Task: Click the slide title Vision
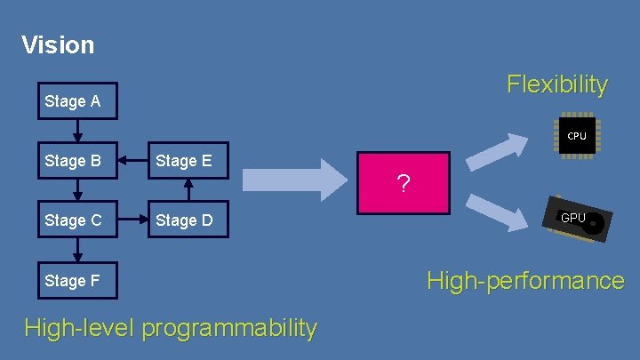[x=58, y=44]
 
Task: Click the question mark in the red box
[x=404, y=185]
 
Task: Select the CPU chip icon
[x=576, y=136]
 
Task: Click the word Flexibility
[x=557, y=84]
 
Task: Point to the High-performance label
[x=525, y=281]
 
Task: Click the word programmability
[x=229, y=328]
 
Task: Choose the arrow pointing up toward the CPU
[x=497, y=151]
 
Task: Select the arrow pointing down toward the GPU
[x=497, y=213]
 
